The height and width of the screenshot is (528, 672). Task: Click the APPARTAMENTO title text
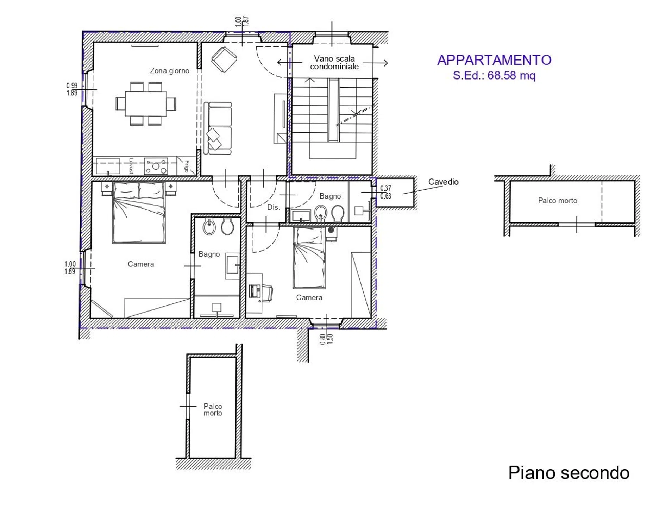494,60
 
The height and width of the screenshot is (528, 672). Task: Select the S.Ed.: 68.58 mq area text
494,75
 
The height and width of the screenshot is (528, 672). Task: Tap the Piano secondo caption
569,473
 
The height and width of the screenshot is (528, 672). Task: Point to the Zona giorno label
169,71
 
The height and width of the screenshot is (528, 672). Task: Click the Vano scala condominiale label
334,63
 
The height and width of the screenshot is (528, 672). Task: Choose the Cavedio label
443,182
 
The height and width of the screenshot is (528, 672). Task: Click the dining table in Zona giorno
146,104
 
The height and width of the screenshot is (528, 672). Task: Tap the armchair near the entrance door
224,59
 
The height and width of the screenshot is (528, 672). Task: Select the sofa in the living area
218,128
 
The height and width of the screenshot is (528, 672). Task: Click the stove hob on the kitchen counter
156,166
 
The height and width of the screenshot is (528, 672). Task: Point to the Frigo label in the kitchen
187,166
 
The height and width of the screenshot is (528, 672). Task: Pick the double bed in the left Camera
139,213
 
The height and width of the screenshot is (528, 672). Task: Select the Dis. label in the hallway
274,207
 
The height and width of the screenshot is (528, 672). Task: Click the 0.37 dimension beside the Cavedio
385,188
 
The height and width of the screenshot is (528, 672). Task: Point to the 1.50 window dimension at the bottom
330,339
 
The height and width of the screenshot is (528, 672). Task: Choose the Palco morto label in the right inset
558,201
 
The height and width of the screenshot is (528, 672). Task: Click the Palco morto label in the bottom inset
213,410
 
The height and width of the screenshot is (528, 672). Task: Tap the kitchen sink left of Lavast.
108,166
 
